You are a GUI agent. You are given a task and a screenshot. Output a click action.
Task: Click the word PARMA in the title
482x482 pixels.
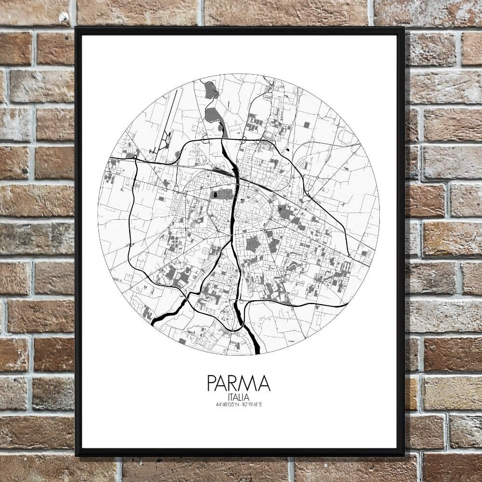239,383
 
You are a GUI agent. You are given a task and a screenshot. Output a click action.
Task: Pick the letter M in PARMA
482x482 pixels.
249,383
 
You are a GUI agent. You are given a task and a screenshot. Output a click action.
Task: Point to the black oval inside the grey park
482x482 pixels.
215,195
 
